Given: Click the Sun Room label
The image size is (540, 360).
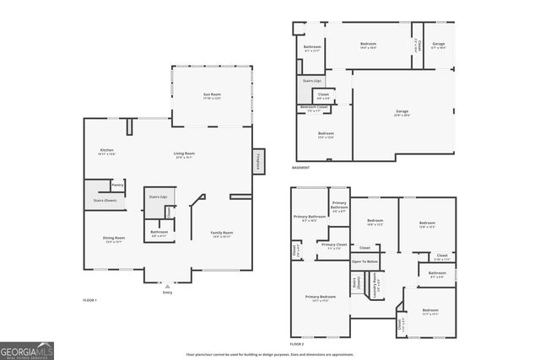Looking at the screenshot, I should pyautogui.click(x=211, y=95).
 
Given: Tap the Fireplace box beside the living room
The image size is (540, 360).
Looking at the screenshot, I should pyautogui.click(x=257, y=161).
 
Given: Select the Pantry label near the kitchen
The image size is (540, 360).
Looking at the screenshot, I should pyautogui.click(x=117, y=184).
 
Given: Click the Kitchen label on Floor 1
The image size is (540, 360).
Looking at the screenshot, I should pyautogui.click(x=107, y=152).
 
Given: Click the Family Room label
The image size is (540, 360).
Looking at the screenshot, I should pyautogui.click(x=222, y=234).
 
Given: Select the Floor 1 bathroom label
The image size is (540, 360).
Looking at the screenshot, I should pyautogui.click(x=159, y=234).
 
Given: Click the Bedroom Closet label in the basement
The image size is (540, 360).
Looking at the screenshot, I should pyautogui.click(x=313, y=108).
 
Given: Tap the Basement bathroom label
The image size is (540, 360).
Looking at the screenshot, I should pyautogui.click(x=311, y=47).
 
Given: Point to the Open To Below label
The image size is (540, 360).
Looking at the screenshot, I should pyautogui.click(x=364, y=261).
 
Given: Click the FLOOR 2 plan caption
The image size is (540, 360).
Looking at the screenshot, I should pyautogui.click(x=296, y=344).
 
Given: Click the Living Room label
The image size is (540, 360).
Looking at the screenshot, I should pyautogui.click(x=184, y=154).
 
